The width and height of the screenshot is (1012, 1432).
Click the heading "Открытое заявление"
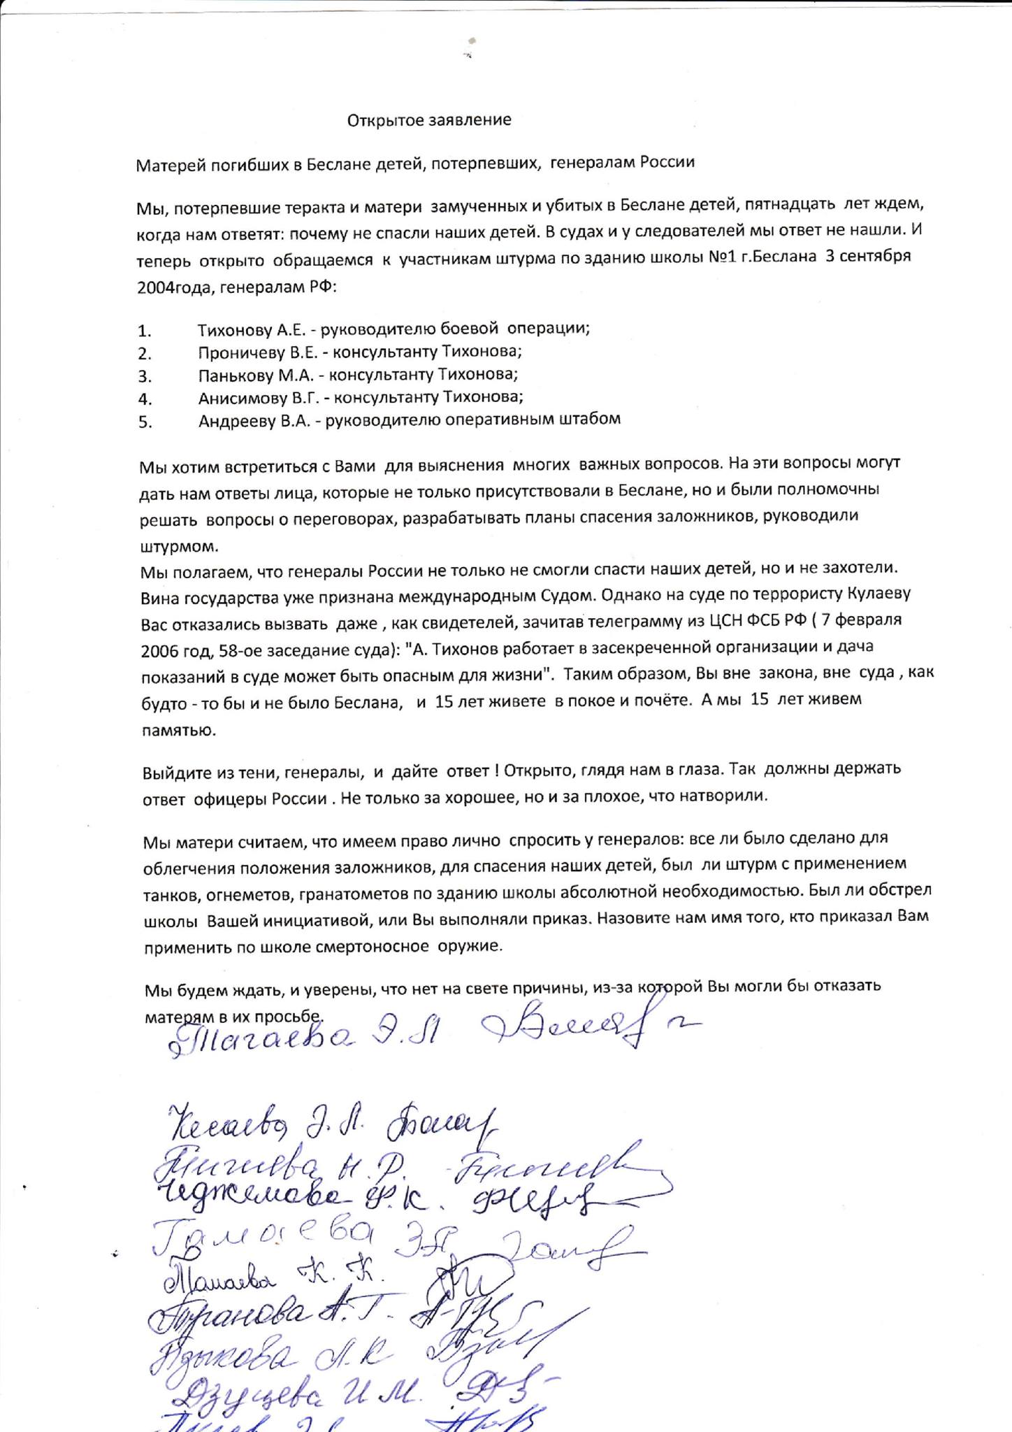point(429,120)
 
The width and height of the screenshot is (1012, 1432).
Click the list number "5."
point(145,422)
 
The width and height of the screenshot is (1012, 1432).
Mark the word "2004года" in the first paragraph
point(175,287)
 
